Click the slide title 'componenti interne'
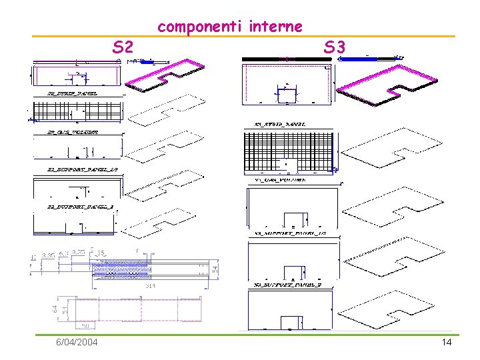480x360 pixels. click(x=229, y=27)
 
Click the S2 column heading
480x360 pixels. click(x=123, y=47)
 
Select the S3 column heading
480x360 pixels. click(x=334, y=47)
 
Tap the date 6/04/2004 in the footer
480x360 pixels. click(x=77, y=342)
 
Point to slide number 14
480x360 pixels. click(x=446, y=342)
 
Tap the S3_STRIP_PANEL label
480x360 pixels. click(x=280, y=124)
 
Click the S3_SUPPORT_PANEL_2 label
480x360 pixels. click(x=281, y=285)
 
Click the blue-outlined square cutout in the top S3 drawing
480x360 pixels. click(x=287, y=96)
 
